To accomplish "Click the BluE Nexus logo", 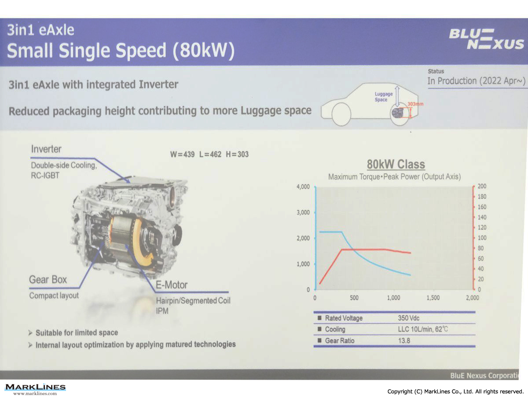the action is coord(486,39).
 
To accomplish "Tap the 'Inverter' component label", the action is coord(46,149).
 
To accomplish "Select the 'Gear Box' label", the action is coord(48,279).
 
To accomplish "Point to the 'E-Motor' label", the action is coord(172,285).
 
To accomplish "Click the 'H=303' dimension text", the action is coord(237,154).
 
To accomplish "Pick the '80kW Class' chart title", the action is coord(396,164).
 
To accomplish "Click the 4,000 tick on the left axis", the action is coord(303,187).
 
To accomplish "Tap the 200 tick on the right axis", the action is coord(482,186).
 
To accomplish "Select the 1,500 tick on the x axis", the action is coord(433,298).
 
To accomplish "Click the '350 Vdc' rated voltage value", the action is coord(408,318).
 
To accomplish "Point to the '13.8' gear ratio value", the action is coord(404,340).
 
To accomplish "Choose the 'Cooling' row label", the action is coord(335,329).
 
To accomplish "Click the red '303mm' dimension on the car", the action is coord(415,104).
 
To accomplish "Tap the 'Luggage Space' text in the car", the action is coord(383,97).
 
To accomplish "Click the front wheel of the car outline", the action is coord(341,114).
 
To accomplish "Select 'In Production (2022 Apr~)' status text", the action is coord(476,81).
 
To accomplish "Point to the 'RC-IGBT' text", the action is coord(45,176).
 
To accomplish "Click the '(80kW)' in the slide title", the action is coord(204,51).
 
